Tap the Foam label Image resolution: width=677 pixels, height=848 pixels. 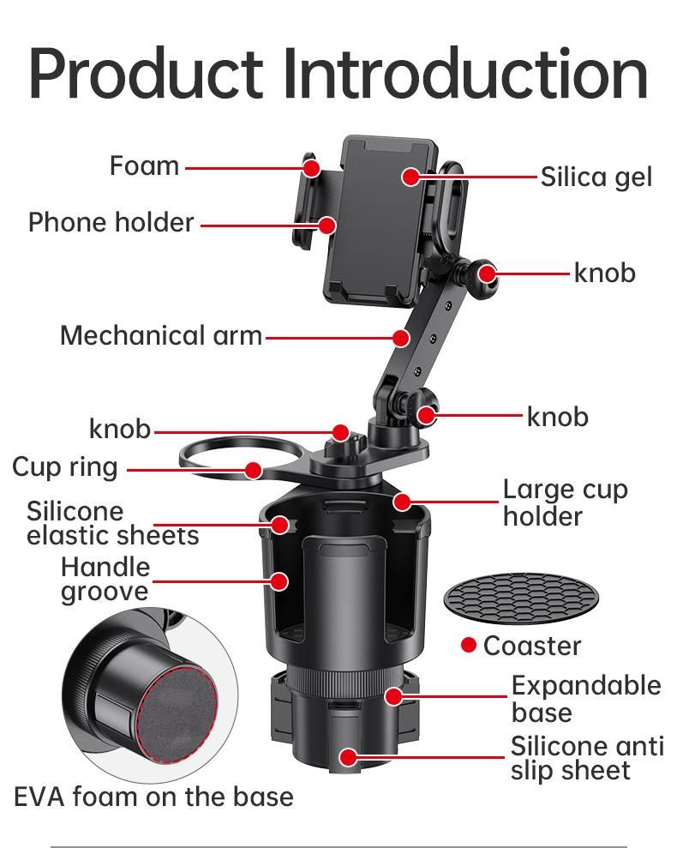(144, 165)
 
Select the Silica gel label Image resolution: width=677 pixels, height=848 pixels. (596, 177)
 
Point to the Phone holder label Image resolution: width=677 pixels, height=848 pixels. (111, 222)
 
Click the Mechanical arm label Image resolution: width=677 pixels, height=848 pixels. (160, 335)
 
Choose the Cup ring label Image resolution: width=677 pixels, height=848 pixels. (64, 467)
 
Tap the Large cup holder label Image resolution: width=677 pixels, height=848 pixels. (565, 502)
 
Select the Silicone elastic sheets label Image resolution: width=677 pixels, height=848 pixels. (112, 523)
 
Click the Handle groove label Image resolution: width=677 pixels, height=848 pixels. (105, 579)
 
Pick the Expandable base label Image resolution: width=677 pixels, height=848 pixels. (586, 699)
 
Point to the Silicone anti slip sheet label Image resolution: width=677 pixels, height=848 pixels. (587, 758)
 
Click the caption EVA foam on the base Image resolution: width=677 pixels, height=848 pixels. (153, 797)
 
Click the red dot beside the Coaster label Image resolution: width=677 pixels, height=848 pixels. (468, 645)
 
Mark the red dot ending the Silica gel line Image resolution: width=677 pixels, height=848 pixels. (411, 177)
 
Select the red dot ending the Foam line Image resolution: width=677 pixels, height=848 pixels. (312, 166)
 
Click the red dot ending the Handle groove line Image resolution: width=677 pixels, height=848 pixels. (279, 581)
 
